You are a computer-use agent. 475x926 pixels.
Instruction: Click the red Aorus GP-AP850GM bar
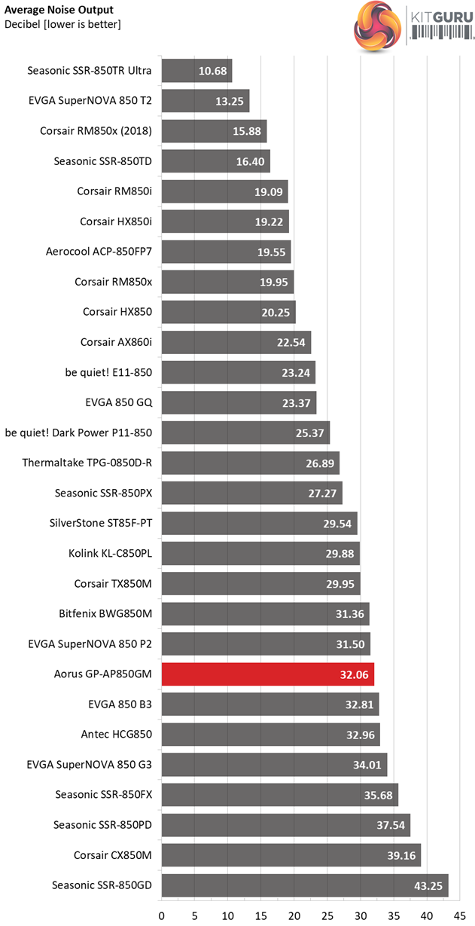click(x=267, y=674)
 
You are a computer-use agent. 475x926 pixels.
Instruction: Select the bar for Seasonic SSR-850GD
click(x=305, y=885)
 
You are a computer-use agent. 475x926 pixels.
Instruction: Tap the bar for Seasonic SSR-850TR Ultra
click(x=196, y=71)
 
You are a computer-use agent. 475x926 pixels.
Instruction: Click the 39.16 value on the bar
click(x=400, y=854)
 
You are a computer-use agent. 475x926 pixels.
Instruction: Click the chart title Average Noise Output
click(x=59, y=10)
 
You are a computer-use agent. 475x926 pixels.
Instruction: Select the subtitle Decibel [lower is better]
click(x=62, y=24)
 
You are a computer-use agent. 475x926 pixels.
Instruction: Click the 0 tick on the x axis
click(x=162, y=916)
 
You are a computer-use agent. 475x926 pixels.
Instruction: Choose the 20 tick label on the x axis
click(x=294, y=916)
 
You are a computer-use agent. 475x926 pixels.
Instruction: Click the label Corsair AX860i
click(x=116, y=342)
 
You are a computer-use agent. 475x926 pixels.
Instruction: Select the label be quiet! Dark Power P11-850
click(x=78, y=432)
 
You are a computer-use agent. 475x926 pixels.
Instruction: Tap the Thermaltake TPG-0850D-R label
click(x=87, y=463)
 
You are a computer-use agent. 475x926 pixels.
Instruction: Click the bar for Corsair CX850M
click(x=291, y=854)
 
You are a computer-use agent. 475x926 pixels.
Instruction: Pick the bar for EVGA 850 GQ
click(x=239, y=402)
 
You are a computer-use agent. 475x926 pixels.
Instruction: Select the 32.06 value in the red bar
click(x=354, y=674)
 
